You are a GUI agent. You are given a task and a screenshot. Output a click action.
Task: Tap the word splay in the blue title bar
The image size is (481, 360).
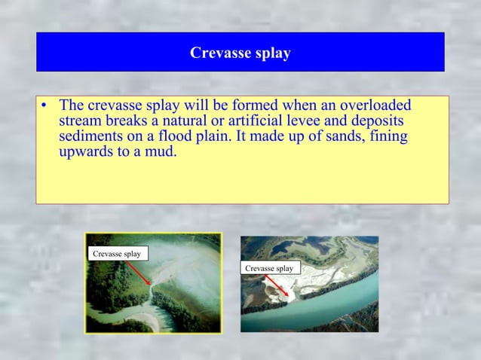point(272,54)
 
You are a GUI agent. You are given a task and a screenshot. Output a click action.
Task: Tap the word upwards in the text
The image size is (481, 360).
point(88,155)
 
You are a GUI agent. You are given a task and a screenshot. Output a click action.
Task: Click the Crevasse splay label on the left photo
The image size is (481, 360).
point(117,254)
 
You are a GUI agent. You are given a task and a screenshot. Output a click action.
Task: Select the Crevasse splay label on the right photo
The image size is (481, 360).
point(269,268)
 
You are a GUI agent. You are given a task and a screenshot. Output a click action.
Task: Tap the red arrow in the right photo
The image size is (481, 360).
point(277,285)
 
